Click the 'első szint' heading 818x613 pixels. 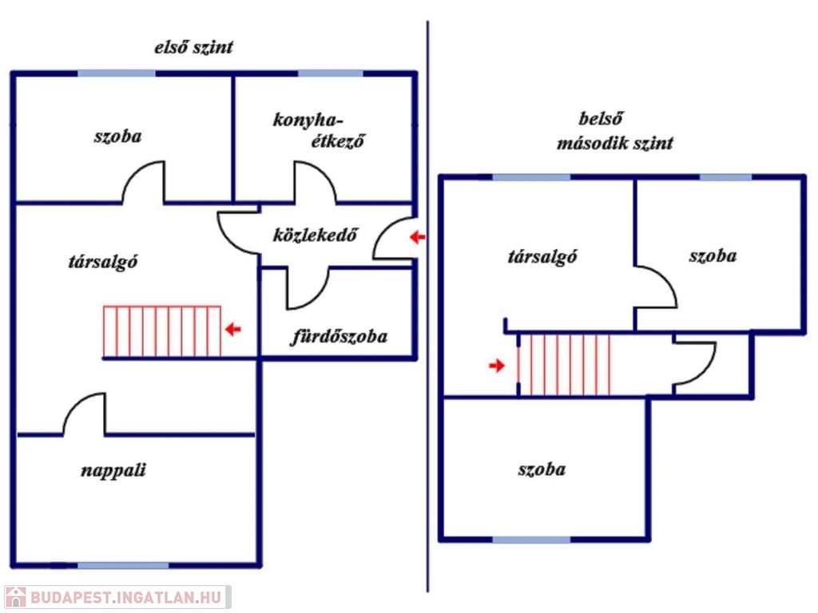(x=193, y=48)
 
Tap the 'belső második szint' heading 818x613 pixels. (x=614, y=132)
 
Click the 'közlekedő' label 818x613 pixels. (x=315, y=235)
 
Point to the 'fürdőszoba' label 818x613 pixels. (x=338, y=336)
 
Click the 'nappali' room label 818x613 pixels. (x=113, y=470)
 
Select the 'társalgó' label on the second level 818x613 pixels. (x=543, y=257)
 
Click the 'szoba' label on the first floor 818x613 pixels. (x=117, y=136)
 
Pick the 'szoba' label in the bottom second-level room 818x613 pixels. (x=542, y=469)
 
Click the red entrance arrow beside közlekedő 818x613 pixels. (x=418, y=237)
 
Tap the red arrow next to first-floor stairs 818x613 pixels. (x=232, y=329)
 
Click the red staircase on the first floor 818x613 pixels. (x=162, y=331)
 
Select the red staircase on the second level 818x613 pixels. (x=565, y=365)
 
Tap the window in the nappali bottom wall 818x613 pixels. (x=123, y=565)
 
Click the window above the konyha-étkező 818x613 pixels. (x=330, y=73)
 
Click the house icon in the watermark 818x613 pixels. (x=15, y=597)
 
